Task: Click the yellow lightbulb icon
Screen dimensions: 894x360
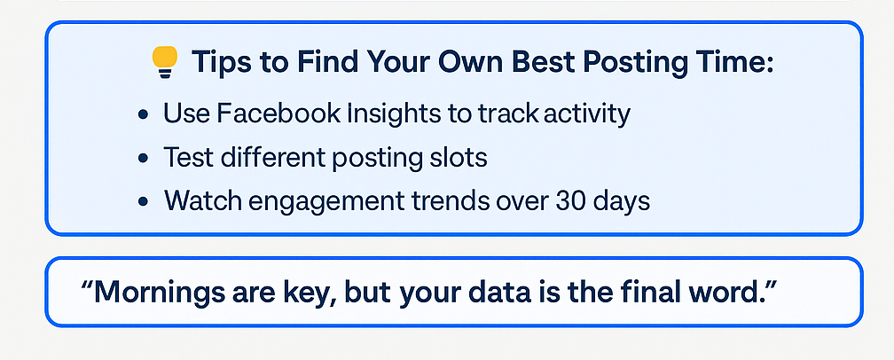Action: pyautogui.click(x=165, y=61)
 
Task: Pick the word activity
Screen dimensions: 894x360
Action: pyautogui.click(x=587, y=114)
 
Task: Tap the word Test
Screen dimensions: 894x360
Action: pyautogui.click(x=187, y=157)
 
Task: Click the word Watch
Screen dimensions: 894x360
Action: pyautogui.click(x=200, y=201)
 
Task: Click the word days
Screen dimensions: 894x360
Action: pyautogui.click(x=622, y=202)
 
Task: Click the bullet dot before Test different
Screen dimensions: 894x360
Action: pyautogui.click(x=143, y=159)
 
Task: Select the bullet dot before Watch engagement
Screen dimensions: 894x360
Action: pyautogui.click(x=143, y=202)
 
